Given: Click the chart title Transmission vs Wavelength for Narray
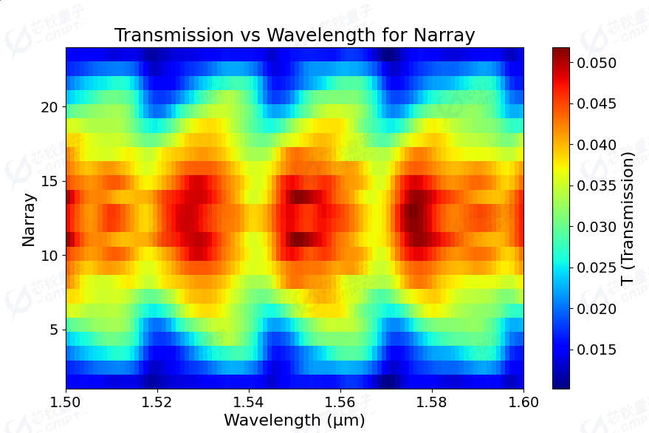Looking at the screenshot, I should tap(295, 35).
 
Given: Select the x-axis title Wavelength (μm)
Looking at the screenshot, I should tap(295, 420).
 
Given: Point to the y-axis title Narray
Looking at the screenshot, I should tap(29, 219).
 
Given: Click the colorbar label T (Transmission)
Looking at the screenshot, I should tap(628, 219).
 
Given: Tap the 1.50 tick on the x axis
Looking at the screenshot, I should tap(66, 401).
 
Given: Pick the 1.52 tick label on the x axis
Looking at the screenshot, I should tap(157, 401).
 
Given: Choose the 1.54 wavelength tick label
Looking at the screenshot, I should tap(249, 401).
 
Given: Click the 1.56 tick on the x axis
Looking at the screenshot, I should tap(340, 401).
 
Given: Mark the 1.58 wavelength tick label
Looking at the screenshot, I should tap(432, 401).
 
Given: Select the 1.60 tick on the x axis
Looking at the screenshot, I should tap(523, 401).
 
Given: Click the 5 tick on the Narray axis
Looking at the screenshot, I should tap(53, 330).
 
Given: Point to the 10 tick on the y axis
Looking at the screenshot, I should tap(49, 255).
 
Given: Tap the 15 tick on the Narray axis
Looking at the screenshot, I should tap(49, 181).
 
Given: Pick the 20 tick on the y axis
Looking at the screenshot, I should tap(49, 106).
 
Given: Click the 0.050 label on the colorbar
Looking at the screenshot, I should tap(597, 63).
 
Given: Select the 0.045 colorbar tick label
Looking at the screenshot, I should tap(597, 103).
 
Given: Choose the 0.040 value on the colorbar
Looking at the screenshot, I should tap(597, 145).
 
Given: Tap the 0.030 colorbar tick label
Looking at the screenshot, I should tap(597, 227).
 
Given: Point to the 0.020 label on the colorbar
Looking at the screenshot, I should tap(597, 308).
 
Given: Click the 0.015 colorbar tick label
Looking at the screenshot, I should tap(597, 350).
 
